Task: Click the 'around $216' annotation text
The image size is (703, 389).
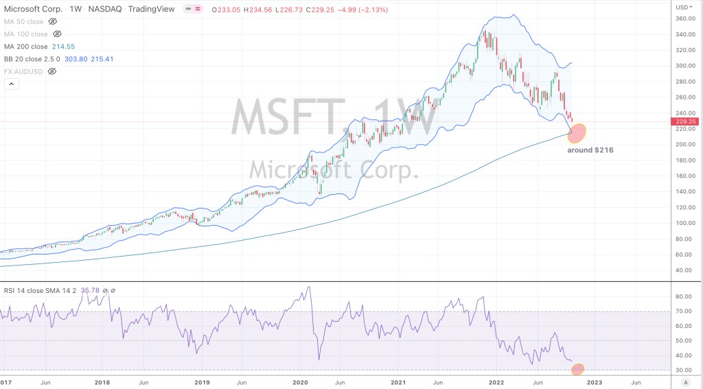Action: pos(590,150)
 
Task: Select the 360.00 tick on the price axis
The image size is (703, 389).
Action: pos(684,19)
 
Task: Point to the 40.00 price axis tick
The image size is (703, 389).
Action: pos(682,270)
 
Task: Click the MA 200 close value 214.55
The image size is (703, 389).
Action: pos(67,47)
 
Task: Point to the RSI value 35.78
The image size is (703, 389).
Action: pos(90,290)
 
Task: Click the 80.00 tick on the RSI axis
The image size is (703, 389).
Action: pos(682,297)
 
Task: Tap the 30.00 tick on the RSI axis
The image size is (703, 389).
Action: pos(682,370)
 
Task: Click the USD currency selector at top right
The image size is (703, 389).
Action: pos(684,7)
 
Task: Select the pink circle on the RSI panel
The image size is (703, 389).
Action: pos(578,369)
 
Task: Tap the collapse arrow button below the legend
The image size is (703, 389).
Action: pos(11,84)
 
